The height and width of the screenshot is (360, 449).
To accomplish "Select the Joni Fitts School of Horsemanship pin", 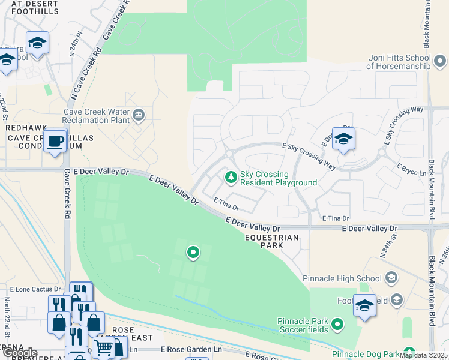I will click(439, 61).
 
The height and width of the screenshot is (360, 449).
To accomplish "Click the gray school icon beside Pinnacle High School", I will click(391, 278).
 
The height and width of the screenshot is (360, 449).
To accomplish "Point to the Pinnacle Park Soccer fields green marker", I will click(337, 325).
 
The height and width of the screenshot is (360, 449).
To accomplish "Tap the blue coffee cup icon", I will click(55, 142).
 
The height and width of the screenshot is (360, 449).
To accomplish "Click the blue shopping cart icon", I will click(103, 346).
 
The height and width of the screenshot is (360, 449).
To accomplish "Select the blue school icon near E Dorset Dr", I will click(343, 139).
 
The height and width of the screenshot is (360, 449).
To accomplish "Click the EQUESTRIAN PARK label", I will click(272, 238).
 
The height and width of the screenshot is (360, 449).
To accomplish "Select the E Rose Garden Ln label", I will click(191, 349).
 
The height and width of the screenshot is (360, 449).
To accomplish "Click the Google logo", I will click(19, 353).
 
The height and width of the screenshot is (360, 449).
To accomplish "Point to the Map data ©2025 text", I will click(423, 355).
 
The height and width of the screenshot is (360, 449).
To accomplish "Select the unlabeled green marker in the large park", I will click(193, 253).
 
